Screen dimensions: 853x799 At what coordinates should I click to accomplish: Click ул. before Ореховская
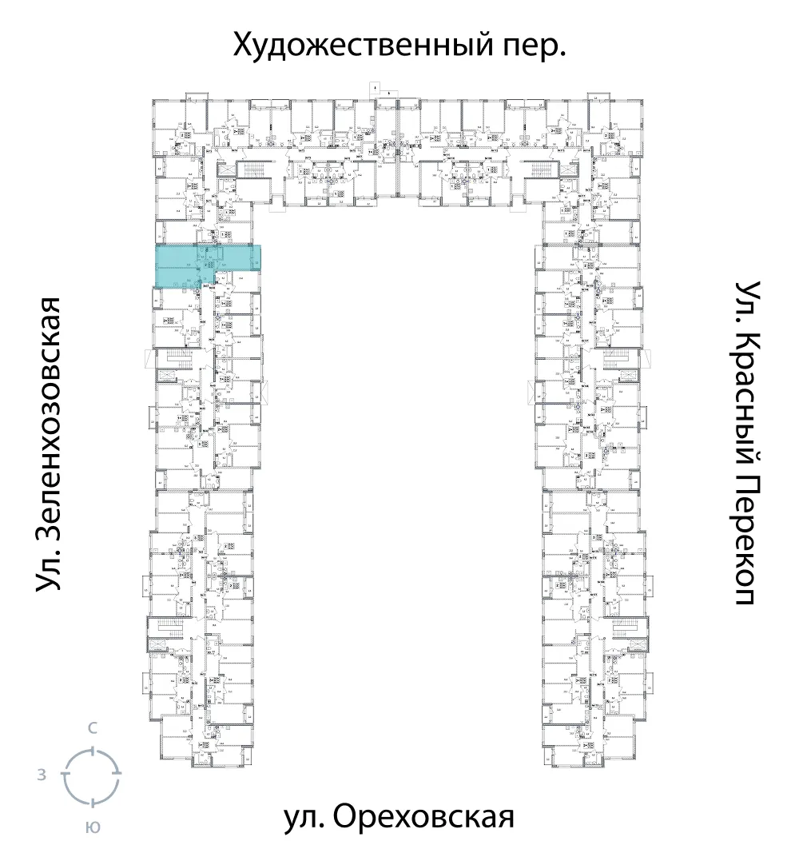pyautogui.click(x=304, y=819)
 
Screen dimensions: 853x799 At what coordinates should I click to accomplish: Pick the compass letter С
pyautogui.click(x=93, y=728)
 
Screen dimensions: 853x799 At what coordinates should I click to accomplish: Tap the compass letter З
pyautogui.click(x=41, y=775)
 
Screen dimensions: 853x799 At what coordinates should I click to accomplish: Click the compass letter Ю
pyautogui.click(x=93, y=828)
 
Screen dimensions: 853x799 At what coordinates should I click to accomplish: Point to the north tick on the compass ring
pyautogui.click(x=93, y=749)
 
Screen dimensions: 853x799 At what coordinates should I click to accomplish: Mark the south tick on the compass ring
pyautogui.click(x=93, y=802)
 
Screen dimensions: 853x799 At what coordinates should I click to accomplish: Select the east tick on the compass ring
pyautogui.click(x=120, y=775)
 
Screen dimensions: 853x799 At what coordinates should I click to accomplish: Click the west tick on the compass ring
pyautogui.click(x=66, y=775)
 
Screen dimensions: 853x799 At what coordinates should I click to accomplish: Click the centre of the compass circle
pyautogui.click(x=93, y=775)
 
